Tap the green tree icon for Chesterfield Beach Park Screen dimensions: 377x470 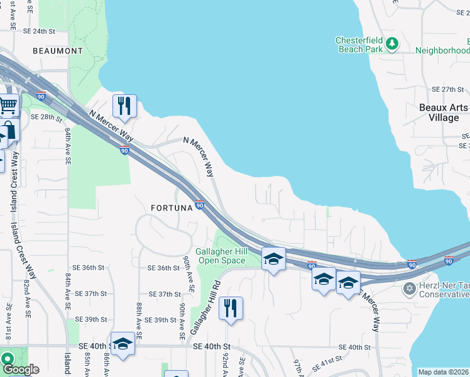pos(392,43)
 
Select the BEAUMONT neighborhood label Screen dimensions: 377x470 pos(58,50)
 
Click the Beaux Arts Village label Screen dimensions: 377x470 pos(444,112)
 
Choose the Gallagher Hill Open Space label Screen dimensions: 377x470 pos(220,255)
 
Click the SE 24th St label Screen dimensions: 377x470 pos(39,31)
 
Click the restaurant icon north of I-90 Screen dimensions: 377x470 pos(124,105)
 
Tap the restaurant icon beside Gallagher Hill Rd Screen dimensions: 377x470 pos(231,308)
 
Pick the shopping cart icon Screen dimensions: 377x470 pos(7,105)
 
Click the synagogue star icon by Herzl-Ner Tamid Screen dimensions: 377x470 pos(410,288)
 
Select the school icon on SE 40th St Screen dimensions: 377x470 pos(123,344)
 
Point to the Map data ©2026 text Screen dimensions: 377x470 pos(443,371)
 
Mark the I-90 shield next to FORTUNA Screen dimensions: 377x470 pos(200,205)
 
